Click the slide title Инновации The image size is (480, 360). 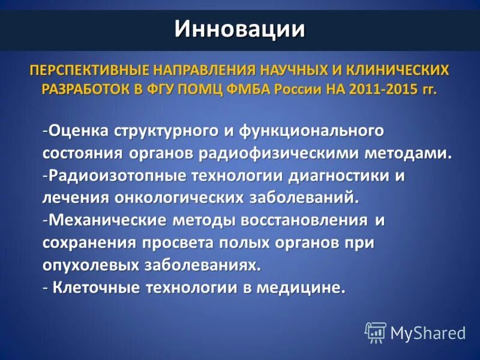239,28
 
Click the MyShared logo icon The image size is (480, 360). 375,332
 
